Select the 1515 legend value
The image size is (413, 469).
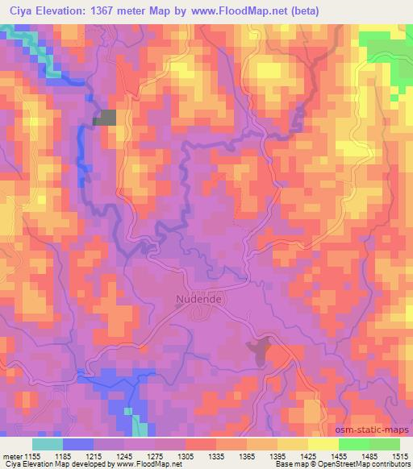pos(400,455)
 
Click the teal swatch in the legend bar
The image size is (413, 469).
pos(48,444)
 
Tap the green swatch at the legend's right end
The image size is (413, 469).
pos(385,444)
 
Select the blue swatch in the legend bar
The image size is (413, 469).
pos(78,444)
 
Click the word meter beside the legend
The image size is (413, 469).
pos(11,455)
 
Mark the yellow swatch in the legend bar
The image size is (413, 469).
pos(323,444)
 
